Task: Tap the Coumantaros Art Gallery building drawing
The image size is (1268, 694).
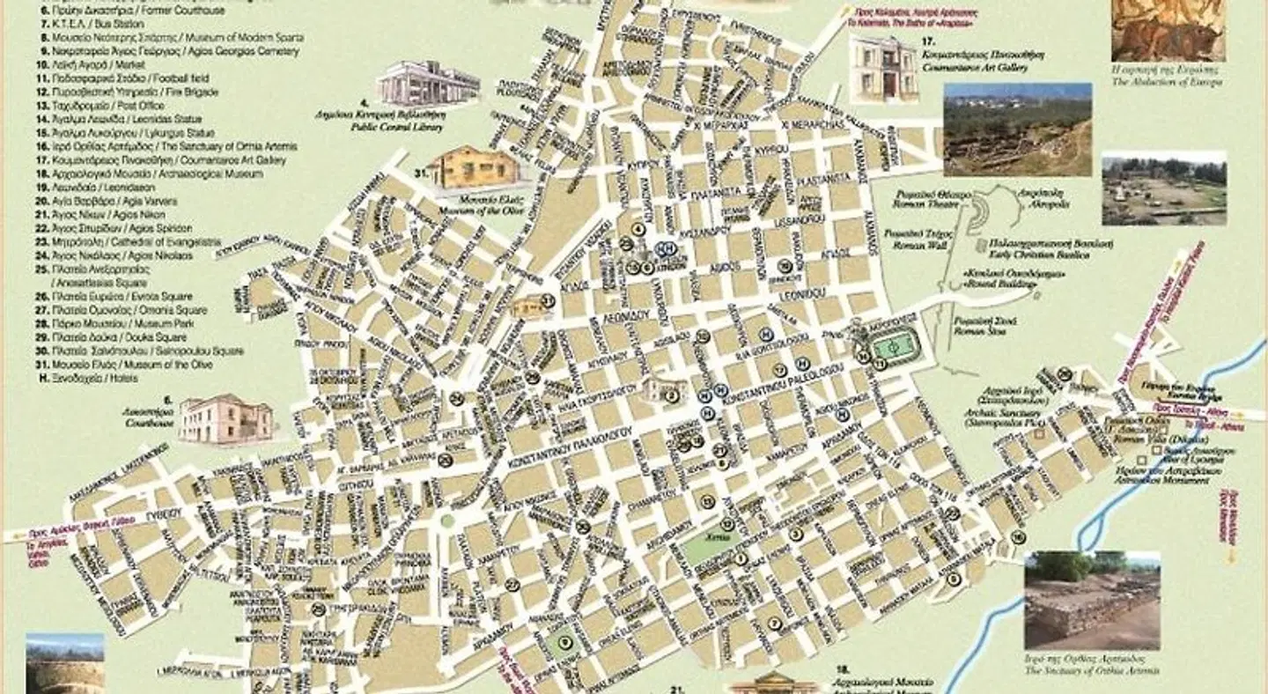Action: (x=883, y=70)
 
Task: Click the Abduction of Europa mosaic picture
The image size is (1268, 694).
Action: (x=1168, y=29)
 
